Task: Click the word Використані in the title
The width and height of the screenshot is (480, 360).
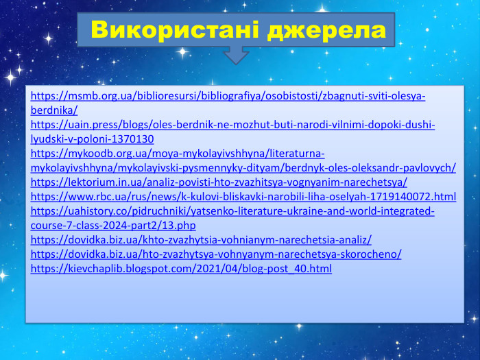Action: click(x=175, y=30)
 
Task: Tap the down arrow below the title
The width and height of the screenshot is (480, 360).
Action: click(x=237, y=55)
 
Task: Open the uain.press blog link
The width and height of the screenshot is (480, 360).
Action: click(x=233, y=124)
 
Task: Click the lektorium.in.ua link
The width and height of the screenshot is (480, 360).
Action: click(x=219, y=182)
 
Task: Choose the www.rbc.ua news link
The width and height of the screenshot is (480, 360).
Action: click(x=243, y=196)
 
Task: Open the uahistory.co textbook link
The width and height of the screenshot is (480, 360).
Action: click(x=233, y=211)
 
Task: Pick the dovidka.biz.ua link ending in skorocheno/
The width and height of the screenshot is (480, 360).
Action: click(x=217, y=254)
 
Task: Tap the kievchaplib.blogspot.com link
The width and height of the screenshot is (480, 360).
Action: click(x=182, y=268)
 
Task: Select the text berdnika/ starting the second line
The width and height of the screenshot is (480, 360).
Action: click(x=55, y=110)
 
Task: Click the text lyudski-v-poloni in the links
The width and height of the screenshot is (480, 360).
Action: click(x=69, y=139)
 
